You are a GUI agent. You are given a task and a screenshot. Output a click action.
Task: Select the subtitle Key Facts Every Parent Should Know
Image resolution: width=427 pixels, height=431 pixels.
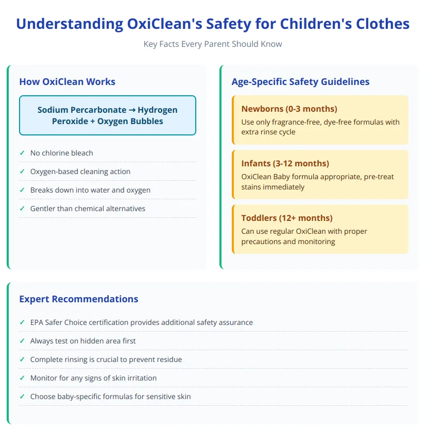point(213,44)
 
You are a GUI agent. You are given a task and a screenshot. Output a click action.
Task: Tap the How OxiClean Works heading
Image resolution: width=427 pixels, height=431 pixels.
point(67,81)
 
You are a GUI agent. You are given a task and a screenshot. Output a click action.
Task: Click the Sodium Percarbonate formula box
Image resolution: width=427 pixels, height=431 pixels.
point(108,115)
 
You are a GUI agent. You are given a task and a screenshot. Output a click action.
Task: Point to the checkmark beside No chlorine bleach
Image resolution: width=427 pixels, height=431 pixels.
point(22,153)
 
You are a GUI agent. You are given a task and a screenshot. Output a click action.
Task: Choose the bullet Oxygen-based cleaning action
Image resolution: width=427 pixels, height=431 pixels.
point(80,171)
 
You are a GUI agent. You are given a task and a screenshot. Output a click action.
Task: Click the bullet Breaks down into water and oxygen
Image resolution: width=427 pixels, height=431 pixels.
point(90,190)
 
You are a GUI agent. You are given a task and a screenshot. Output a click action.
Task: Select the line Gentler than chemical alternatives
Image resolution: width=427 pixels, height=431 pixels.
point(88,209)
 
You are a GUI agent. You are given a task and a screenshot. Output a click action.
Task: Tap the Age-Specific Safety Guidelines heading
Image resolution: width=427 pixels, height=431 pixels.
point(300,81)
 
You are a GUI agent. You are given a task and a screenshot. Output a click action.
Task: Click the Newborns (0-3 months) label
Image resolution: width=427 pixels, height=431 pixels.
point(289,109)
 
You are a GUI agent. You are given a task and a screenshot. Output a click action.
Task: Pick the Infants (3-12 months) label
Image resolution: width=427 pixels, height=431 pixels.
point(285,163)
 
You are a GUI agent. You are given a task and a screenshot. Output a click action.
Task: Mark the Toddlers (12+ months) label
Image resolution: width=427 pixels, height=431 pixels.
point(287,218)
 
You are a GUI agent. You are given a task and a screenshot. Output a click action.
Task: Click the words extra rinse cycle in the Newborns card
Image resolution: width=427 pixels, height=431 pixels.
point(268,132)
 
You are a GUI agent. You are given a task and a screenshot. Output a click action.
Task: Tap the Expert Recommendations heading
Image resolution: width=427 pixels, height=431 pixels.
point(78,299)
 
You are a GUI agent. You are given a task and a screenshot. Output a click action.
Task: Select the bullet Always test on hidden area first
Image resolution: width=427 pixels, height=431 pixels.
point(83,341)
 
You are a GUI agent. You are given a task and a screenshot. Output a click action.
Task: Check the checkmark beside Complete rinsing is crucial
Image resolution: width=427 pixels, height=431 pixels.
point(22,359)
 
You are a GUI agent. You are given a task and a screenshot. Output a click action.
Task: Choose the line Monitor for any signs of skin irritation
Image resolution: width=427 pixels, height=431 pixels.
point(93,378)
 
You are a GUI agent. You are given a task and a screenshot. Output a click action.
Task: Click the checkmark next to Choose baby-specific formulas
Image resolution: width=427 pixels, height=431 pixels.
point(22,396)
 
